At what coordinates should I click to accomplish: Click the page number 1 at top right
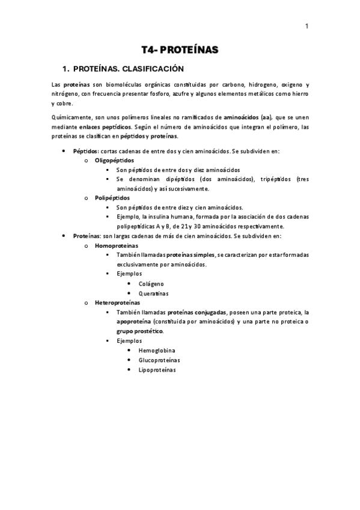[307, 26]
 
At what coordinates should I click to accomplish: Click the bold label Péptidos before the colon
[85, 150]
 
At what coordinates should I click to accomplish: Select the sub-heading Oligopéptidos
[115, 161]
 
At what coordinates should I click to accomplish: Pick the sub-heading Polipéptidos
[112, 198]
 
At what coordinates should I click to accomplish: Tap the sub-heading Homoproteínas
[117, 245]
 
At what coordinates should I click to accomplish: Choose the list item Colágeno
[151, 283]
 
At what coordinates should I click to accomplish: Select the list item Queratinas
[153, 293]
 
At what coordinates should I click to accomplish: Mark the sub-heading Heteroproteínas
[118, 303]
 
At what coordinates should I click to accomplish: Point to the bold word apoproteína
[134, 322]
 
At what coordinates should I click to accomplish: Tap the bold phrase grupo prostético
[139, 331]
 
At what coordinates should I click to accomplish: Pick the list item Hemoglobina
[156, 350]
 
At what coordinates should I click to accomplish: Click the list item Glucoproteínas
[159, 360]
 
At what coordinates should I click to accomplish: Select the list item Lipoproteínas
[157, 369]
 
